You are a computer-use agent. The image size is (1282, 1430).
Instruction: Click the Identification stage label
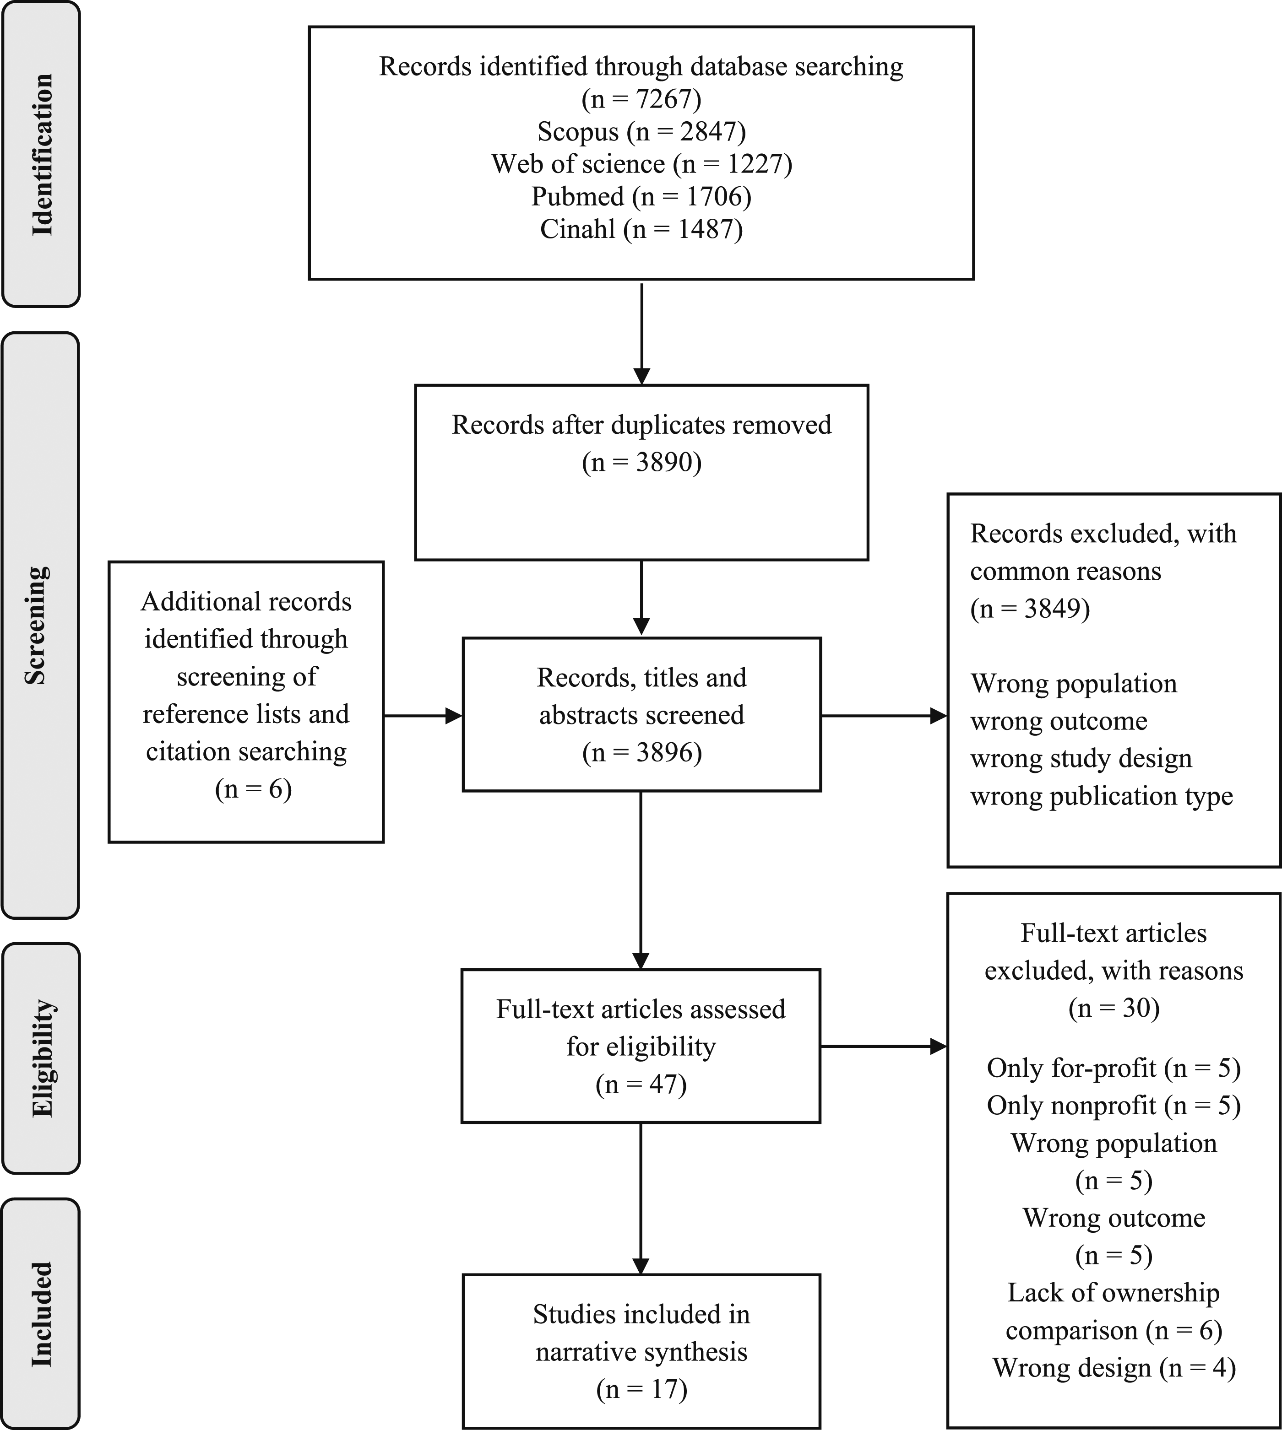pos(42,154)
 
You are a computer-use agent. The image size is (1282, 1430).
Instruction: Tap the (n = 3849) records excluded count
pos(1030,608)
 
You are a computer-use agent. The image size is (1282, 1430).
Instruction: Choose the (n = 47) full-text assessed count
pos(641,1085)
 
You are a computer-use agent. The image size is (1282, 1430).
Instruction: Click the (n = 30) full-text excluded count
pos(1114,1008)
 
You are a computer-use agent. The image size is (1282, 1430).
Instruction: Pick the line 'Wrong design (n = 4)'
pos(1114,1367)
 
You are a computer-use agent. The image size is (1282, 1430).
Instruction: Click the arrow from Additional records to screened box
pos(423,716)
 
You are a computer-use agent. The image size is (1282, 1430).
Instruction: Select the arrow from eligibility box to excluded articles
pos(884,1046)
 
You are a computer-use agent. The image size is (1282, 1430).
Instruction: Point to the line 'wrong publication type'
pos(1102,796)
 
